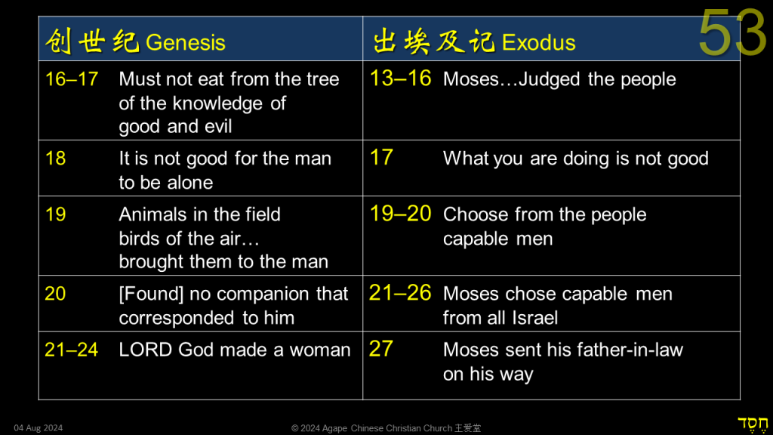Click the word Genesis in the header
(x=186, y=42)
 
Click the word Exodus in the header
(x=538, y=42)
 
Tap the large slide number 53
(x=732, y=32)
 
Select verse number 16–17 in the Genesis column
(x=72, y=79)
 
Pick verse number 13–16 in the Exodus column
(x=400, y=79)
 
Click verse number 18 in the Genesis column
(x=55, y=159)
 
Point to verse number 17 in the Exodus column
(x=381, y=158)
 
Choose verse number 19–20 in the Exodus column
(x=400, y=214)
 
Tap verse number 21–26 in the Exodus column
(x=400, y=293)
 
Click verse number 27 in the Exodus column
(x=381, y=349)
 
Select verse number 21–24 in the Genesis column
(x=72, y=350)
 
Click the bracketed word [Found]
(x=151, y=294)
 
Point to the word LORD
(x=146, y=350)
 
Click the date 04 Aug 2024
(x=38, y=428)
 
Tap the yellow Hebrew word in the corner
(x=753, y=424)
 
